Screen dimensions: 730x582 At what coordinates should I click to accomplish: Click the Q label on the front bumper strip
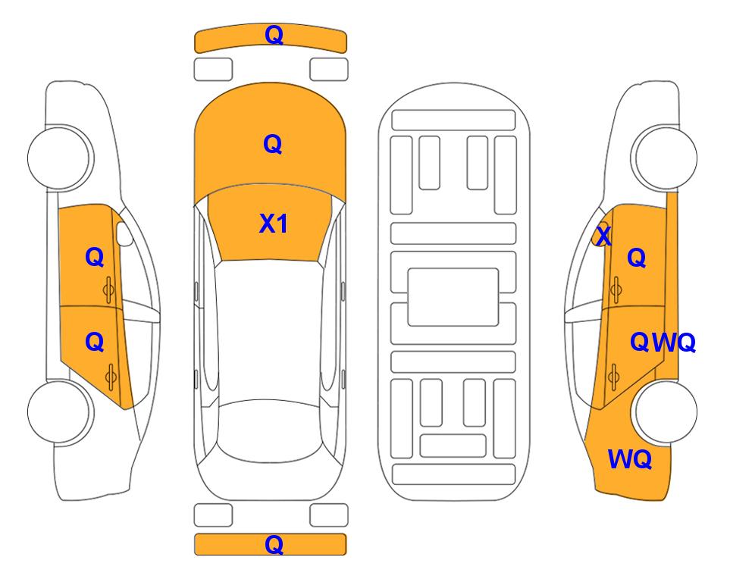(x=274, y=36)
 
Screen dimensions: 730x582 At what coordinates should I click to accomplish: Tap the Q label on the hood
(x=273, y=144)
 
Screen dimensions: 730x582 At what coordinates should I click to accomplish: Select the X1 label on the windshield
(x=274, y=224)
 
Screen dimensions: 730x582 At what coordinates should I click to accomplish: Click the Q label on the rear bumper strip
(x=274, y=544)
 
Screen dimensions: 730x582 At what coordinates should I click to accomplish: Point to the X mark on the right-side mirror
(x=603, y=235)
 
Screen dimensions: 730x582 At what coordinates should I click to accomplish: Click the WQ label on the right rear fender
(x=630, y=459)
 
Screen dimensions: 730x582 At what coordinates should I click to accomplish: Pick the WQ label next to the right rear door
(x=674, y=343)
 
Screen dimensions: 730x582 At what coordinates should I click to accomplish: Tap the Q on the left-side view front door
(x=95, y=257)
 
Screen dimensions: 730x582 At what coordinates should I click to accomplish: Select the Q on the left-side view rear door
(x=95, y=343)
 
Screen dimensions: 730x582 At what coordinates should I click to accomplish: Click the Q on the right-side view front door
(x=637, y=258)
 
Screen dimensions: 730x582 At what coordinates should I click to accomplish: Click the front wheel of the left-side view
(x=59, y=158)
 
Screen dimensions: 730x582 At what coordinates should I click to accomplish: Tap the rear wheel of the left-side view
(x=59, y=411)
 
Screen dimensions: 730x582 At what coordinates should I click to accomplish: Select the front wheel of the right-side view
(x=664, y=158)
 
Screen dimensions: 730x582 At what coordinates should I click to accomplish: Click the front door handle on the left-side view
(x=109, y=289)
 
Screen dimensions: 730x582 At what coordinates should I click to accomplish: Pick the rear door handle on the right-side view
(x=614, y=377)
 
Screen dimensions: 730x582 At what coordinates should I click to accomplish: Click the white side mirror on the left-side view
(x=124, y=233)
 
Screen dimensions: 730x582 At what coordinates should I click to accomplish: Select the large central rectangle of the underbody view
(x=453, y=297)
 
